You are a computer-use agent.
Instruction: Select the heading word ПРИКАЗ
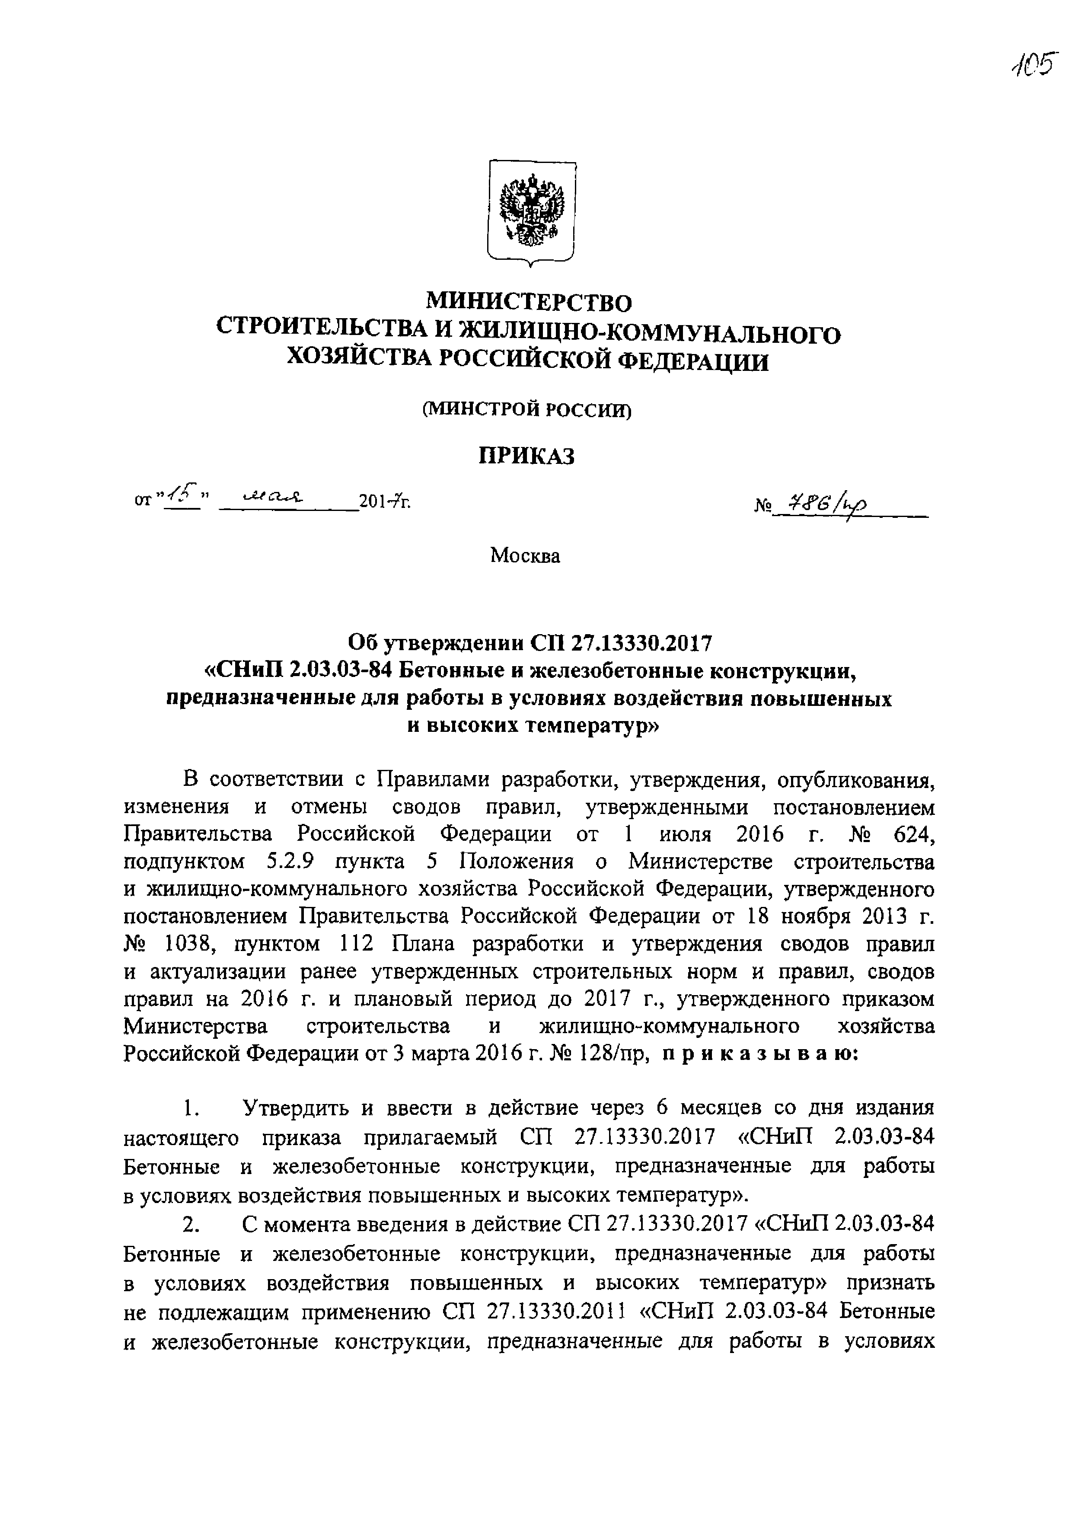[x=527, y=456]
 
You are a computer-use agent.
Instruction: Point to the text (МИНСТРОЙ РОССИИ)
[x=527, y=411]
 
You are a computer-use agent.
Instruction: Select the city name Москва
[x=525, y=556]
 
